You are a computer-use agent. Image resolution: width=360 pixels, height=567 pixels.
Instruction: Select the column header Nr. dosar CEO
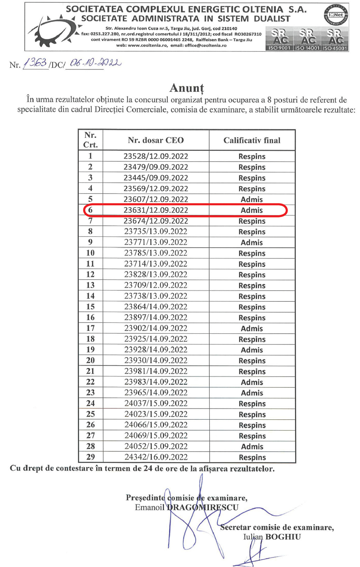point(156,140)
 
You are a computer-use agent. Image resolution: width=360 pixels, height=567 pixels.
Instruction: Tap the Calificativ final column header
point(252,140)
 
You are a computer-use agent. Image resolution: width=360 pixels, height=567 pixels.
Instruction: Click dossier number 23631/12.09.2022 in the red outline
point(156,210)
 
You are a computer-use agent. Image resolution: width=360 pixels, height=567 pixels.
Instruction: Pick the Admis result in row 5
point(252,199)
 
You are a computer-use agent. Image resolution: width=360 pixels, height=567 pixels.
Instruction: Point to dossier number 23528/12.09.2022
point(156,156)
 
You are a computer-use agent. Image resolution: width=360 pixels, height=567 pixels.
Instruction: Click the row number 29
point(90,458)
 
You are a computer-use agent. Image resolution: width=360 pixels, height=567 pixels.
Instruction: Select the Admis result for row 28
point(252,447)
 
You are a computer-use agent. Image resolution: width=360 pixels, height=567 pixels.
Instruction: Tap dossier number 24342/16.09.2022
point(156,458)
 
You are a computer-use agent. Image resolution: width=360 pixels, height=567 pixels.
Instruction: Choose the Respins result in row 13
point(252,286)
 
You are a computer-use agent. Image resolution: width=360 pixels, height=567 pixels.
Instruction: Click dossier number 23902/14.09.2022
point(156,328)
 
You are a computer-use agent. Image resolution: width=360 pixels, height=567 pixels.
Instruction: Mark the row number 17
point(90,328)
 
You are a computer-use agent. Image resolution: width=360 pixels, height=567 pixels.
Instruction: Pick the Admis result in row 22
point(252,382)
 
